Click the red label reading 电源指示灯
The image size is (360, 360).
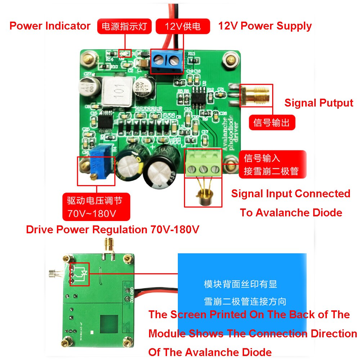click(125, 27)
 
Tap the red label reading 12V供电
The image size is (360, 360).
click(183, 27)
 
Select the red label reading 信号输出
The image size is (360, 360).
click(272, 122)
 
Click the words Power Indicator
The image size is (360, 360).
click(50, 26)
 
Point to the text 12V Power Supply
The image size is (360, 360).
click(265, 26)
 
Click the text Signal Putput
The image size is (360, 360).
click(319, 103)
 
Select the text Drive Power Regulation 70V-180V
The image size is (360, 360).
click(113, 230)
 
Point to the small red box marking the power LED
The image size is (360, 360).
click(125, 53)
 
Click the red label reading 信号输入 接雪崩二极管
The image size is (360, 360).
click(272, 164)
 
